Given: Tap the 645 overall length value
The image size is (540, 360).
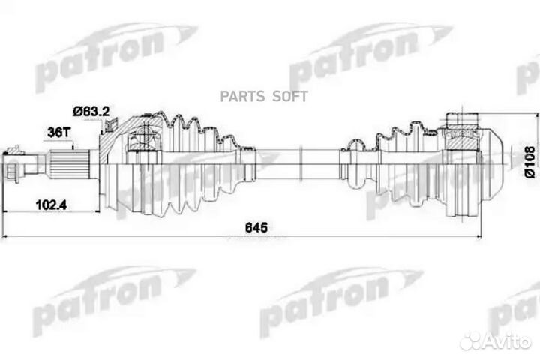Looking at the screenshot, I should pos(258,227).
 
